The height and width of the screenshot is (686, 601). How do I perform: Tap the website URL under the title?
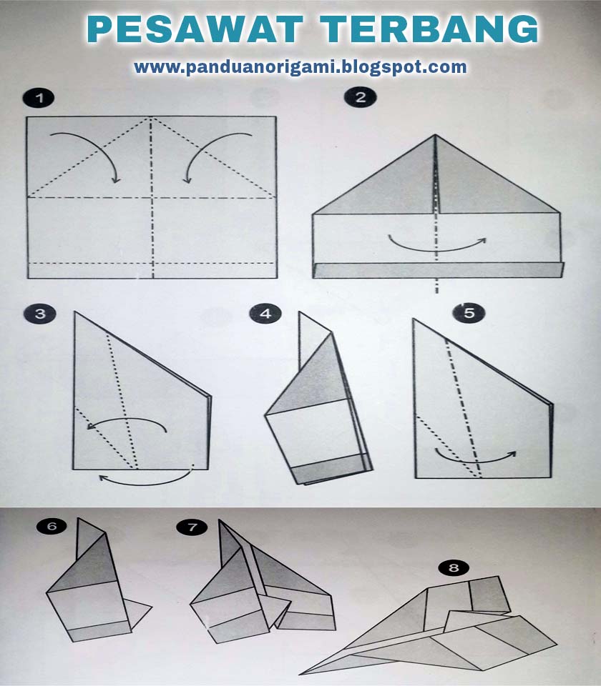300,67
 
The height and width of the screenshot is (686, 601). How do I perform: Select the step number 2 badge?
360,97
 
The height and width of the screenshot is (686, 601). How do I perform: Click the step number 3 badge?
39,314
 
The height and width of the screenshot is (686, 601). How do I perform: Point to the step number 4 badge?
265,314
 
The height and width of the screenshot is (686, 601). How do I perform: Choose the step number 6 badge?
52,527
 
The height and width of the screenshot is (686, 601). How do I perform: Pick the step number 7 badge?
192,527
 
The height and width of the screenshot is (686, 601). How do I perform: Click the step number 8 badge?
454,568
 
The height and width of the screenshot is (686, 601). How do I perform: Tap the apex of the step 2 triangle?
435,136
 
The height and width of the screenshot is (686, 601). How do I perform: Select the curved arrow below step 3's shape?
147,477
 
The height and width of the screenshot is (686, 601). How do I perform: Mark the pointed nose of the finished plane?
302,672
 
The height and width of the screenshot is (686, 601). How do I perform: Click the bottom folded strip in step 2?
438,269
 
